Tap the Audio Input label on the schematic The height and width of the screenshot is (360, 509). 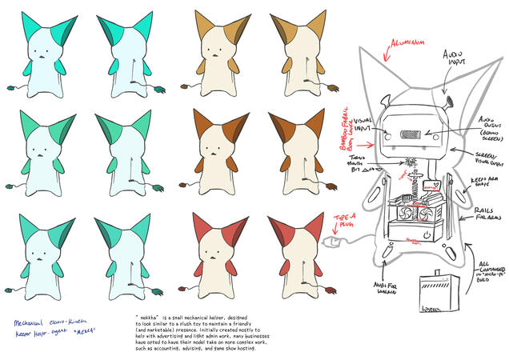point(457,57)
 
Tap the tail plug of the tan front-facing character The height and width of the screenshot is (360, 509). point(186,84)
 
